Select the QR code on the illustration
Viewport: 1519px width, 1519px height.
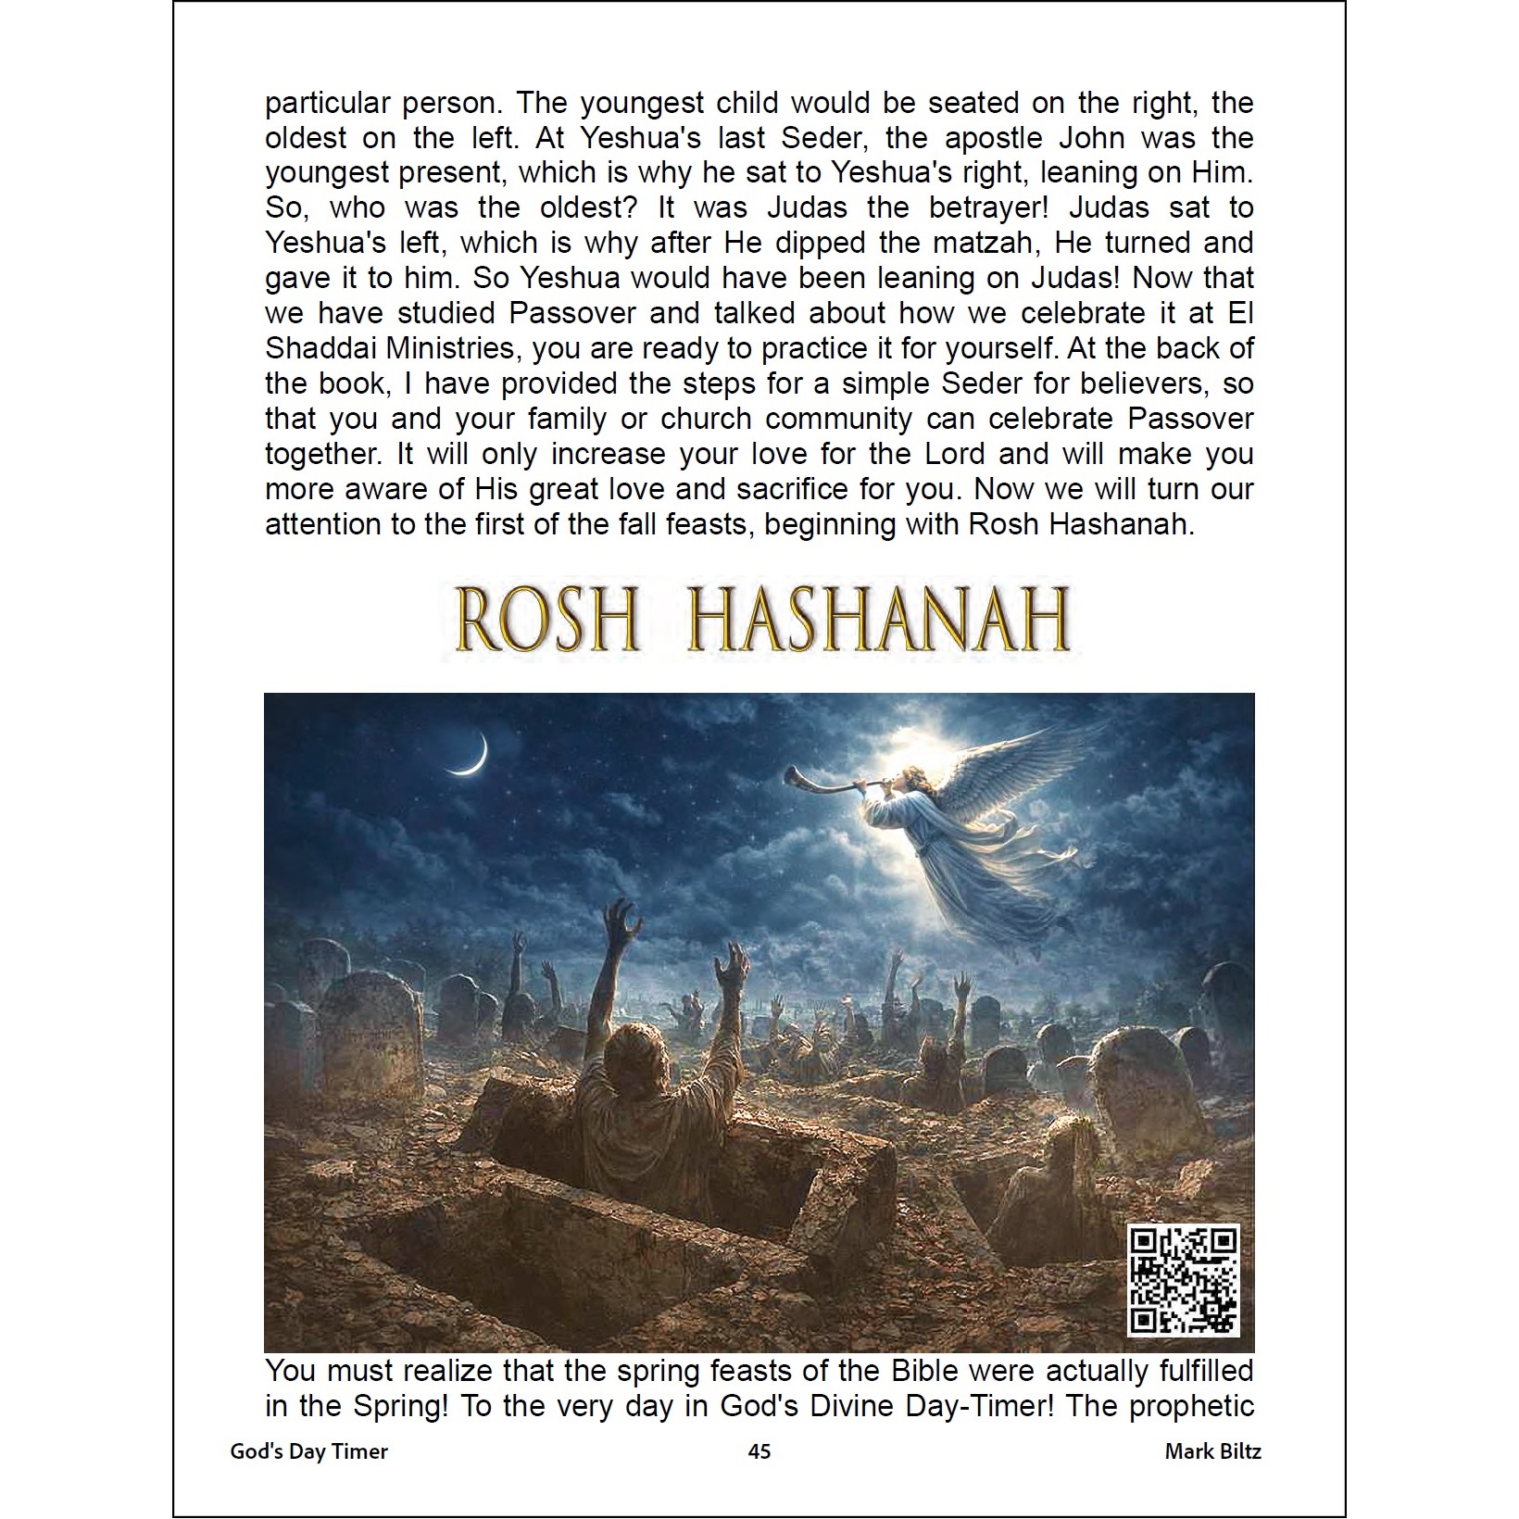1185,1280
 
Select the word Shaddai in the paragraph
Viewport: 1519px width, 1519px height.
320,349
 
